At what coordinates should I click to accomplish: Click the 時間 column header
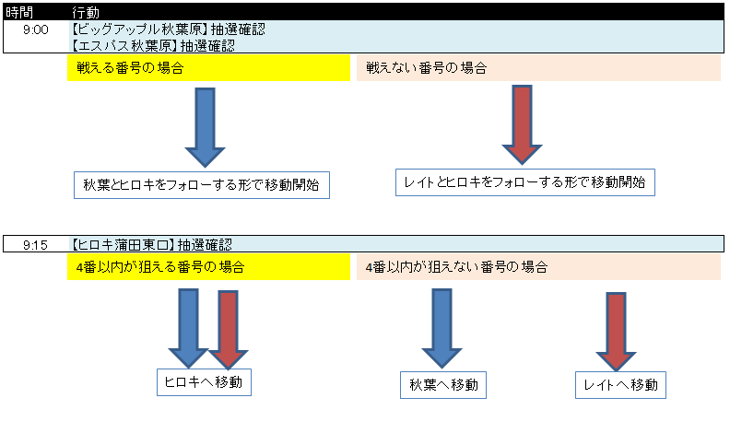(19, 12)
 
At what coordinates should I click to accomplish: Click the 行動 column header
(86, 12)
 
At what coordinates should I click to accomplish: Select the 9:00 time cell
(36, 29)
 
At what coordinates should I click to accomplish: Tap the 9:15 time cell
(35, 245)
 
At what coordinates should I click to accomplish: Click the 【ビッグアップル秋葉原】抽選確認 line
(168, 29)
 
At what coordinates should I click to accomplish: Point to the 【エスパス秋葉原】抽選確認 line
(153, 45)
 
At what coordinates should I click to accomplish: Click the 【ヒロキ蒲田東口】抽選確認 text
(151, 245)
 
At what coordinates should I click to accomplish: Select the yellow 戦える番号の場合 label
(208, 68)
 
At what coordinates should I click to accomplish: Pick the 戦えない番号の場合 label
(538, 68)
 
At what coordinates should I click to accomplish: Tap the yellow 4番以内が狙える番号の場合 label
(208, 267)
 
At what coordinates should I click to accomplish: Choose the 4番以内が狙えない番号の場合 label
(538, 267)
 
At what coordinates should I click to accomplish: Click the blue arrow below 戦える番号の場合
(205, 127)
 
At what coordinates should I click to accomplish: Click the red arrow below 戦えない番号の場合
(522, 124)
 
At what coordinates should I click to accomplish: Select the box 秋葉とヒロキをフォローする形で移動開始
(202, 185)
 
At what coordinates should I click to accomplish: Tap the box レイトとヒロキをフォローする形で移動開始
(525, 182)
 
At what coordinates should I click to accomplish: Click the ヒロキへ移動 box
(204, 382)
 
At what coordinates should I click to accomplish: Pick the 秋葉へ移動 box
(443, 385)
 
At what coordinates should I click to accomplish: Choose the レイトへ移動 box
(620, 385)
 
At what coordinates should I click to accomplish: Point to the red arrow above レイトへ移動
(616, 332)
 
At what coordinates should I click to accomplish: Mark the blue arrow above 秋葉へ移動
(442, 328)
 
